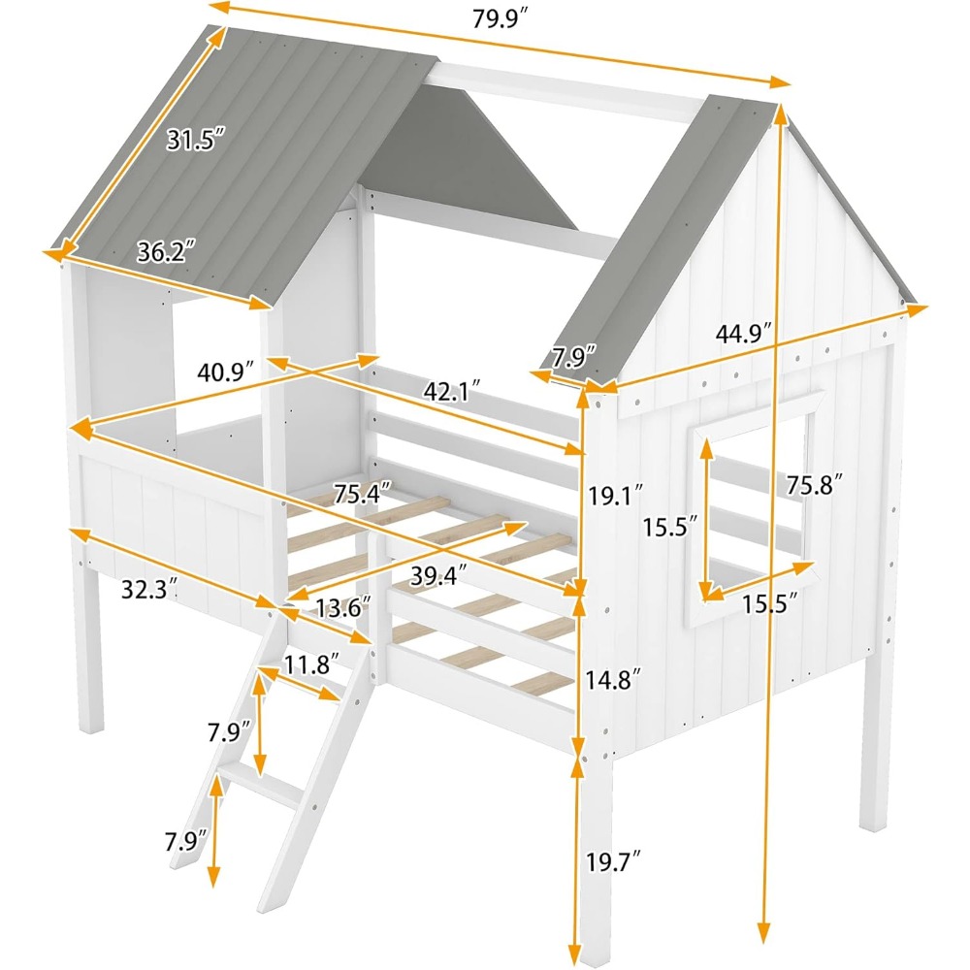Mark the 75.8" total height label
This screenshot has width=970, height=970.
click(814, 485)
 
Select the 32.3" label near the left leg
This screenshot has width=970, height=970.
click(148, 588)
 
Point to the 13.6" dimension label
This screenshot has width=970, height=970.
click(342, 608)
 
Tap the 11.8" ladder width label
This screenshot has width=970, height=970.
click(311, 664)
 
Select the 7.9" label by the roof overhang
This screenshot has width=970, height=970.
click(573, 357)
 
